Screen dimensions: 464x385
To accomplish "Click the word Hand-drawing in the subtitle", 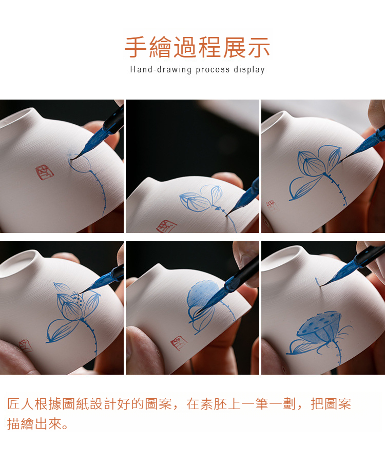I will point(161,69).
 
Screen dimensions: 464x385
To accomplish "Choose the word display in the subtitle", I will point(249,69).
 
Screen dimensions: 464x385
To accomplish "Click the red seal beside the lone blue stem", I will point(45,172).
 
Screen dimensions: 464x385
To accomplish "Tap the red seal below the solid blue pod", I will point(179,342).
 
